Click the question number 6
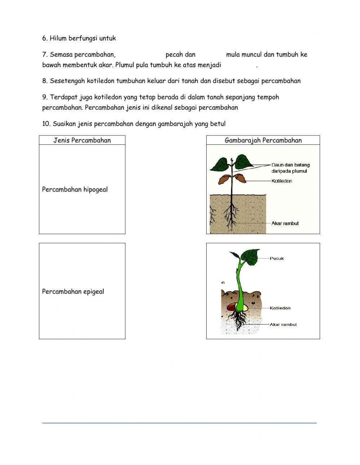pos(45,38)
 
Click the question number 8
pos(45,81)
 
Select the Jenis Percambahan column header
pos(82,140)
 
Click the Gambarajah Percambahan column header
pos(263,140)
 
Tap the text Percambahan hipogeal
pos(75,189)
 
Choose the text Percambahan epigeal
pos(73,292)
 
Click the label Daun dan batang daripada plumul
pos(290,168)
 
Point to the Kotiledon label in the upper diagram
pos(282,181)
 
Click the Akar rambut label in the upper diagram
pos(285,223)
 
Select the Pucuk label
pos(277,258)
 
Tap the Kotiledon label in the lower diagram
pos(280,308)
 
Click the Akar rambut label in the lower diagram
pos(283,325)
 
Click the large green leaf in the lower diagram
pos(251,257)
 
